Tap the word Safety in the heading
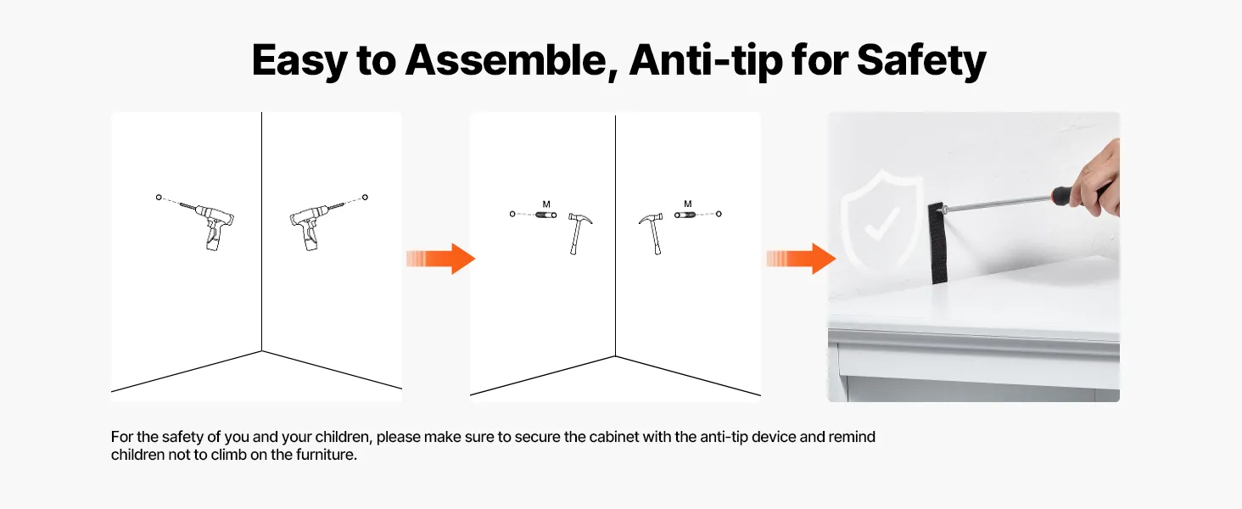tap(921, 61)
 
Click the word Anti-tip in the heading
tap(705, 61)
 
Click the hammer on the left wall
tap(579, 234)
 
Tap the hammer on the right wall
tap(652, 234)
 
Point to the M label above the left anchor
tap(546, 204)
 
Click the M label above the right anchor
tap(687, 204)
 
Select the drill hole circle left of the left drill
tap(159, 197)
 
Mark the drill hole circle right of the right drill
tap(365, 197)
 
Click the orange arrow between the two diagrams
tap(441, 259)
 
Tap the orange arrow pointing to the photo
tap(801, 259)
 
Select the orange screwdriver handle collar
tap(1058, 196)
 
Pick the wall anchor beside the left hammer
tap(546, 215)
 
